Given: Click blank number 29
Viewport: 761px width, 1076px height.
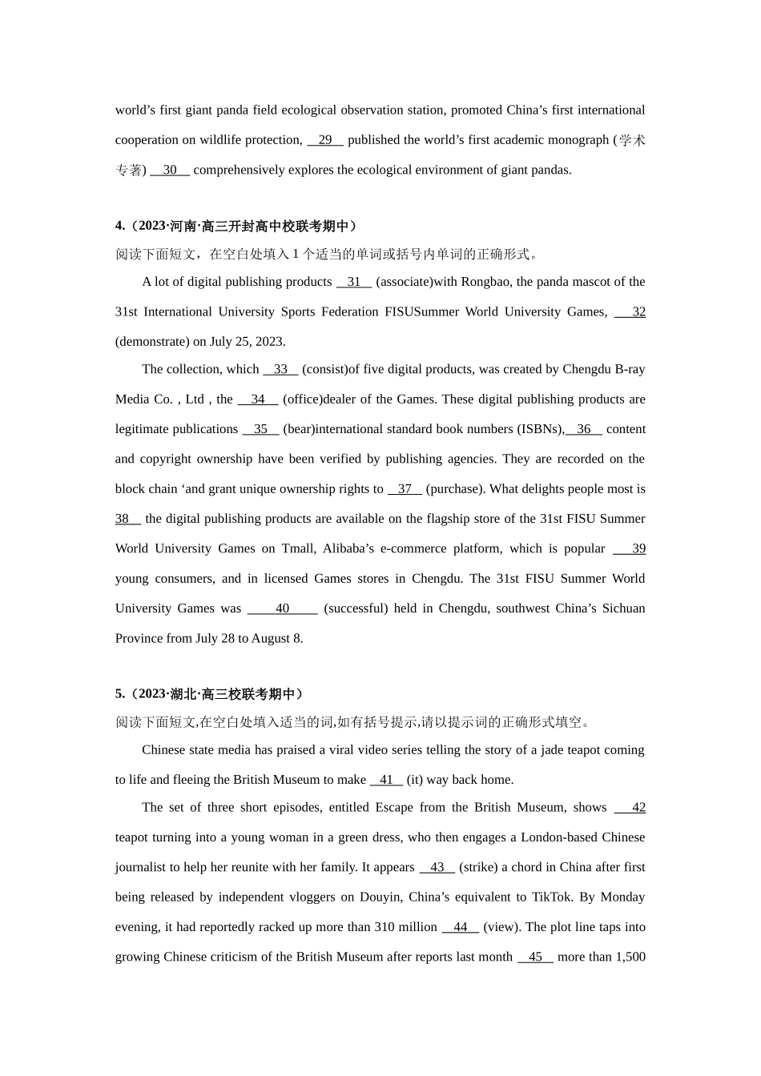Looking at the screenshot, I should point(325,140).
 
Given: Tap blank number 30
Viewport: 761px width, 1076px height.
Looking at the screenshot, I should point(170,170).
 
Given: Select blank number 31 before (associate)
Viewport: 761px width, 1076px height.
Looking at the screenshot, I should point(354,282).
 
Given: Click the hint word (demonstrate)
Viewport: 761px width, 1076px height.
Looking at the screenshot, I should point(151,342).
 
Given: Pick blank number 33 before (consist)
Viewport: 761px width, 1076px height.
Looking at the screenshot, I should point(280,369).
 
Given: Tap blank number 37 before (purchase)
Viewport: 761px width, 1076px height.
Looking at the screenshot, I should point(405,489).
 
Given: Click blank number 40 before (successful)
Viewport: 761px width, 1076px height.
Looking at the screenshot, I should point(282,608).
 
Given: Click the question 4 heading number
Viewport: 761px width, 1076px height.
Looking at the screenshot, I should point(120,227).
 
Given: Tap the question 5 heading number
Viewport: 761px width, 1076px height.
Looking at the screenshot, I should point(120,694).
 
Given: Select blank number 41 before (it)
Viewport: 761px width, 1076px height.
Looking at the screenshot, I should point(386,780).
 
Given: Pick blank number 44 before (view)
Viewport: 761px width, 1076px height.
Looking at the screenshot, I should point(460,927).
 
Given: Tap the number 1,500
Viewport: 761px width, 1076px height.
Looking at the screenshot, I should point(630,957).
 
